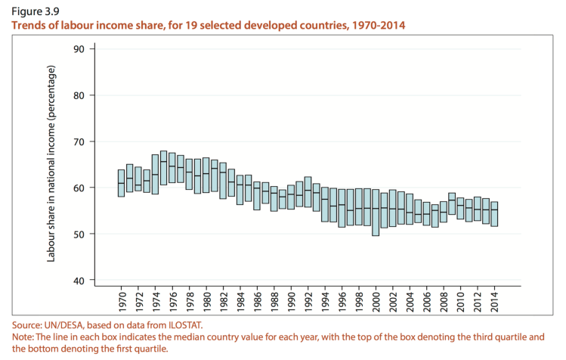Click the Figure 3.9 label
pos(35,11)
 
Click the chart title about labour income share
pos(207,26)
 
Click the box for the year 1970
pos(122,183)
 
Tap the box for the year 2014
pos(494,214)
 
